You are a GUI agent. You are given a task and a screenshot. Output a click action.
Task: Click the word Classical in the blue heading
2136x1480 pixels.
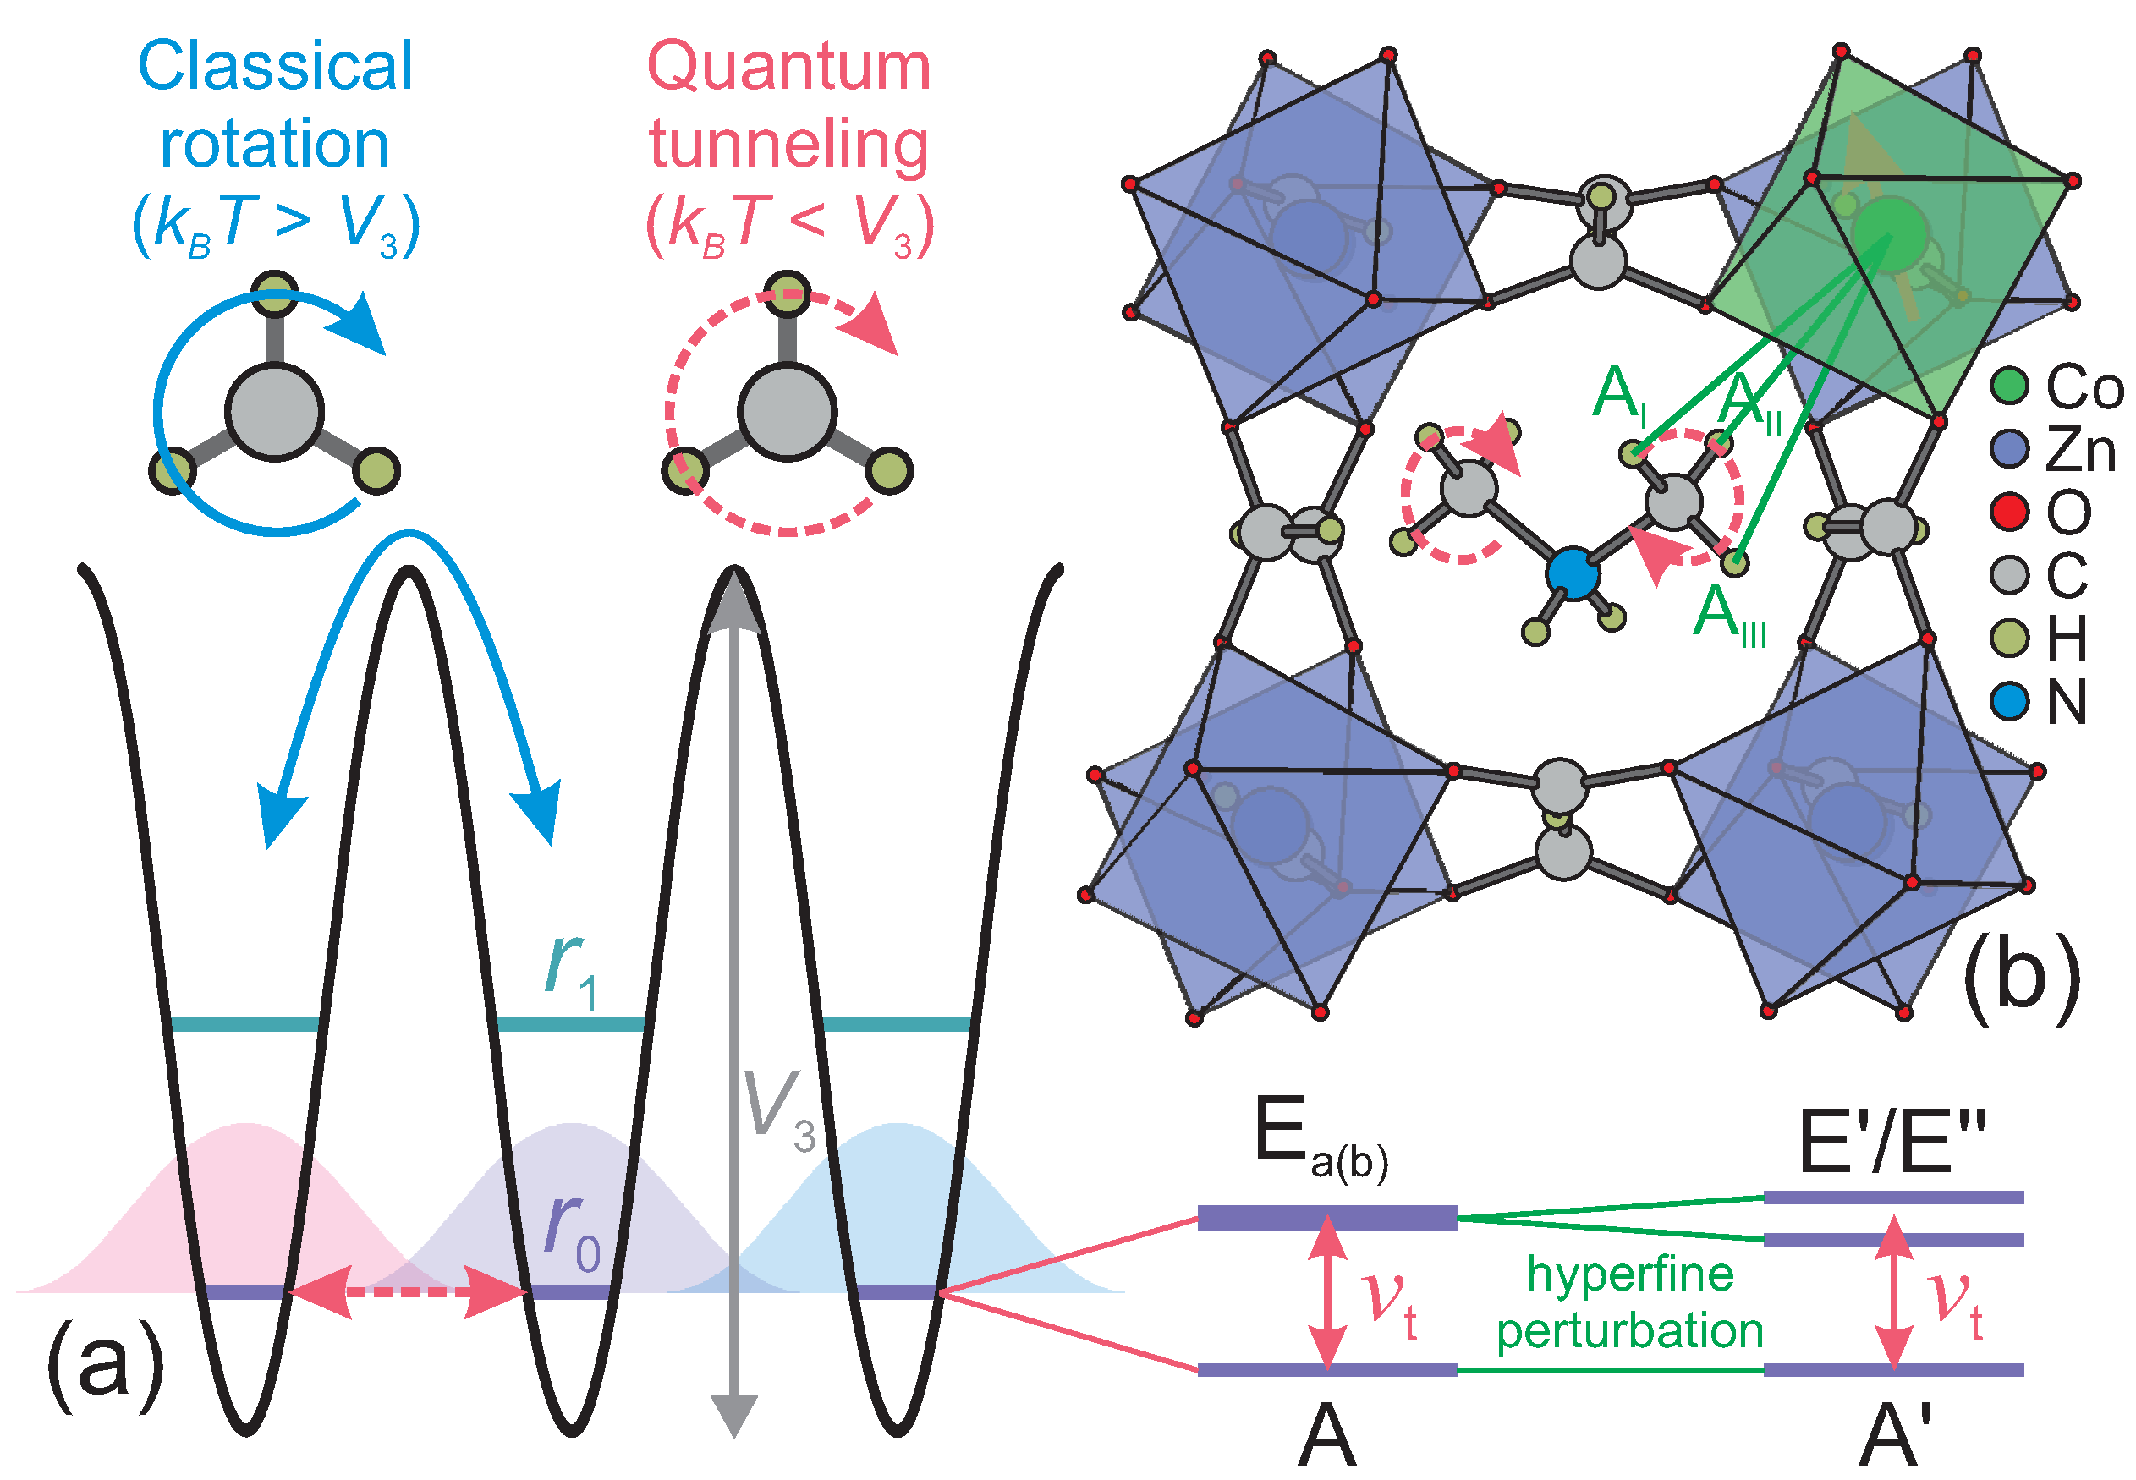[275, 67]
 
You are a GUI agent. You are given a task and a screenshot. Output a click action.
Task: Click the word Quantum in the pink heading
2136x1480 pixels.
[788, 67]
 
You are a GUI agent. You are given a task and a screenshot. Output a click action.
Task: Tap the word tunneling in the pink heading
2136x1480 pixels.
[788, 145]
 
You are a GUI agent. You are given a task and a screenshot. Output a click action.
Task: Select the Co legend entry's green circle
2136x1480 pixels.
[2010, 386]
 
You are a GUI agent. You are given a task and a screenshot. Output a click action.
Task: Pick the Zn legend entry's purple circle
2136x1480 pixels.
[2010, 449]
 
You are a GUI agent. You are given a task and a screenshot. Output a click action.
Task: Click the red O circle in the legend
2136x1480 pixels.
[2010, 512]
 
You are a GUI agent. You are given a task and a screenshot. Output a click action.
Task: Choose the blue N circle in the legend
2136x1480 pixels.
[2010, 701]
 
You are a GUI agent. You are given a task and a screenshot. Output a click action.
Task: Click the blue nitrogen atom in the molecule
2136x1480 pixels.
[1572, 573]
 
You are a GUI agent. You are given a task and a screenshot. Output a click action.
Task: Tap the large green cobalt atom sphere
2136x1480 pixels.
[1889, 232]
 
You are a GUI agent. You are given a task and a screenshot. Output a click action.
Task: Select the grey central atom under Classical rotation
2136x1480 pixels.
[275, 412]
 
